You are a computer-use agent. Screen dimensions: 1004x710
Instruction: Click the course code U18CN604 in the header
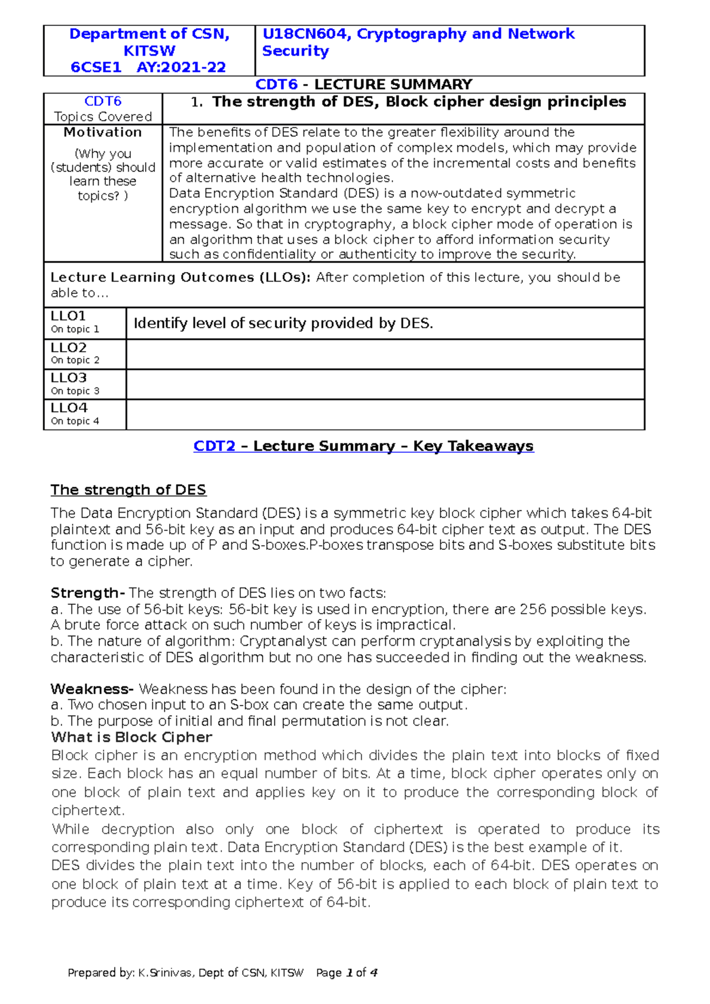[x=305, y=34]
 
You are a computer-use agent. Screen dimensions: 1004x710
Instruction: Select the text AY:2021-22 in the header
[x=181, y=67]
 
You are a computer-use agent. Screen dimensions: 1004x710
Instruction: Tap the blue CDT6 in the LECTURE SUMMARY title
[x=276, y=85]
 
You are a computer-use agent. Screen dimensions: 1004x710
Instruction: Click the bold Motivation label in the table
[x=102, y=132]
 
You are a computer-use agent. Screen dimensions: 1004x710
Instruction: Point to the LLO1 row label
[x=68, y=316]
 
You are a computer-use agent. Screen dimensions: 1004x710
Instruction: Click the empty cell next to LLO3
[x=385, y=384]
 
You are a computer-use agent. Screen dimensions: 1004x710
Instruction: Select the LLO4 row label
[x=69, y=408]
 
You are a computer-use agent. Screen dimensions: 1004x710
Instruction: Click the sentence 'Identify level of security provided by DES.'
[x=283, y=323]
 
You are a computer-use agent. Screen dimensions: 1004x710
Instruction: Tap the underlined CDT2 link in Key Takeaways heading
[x=214, y=446]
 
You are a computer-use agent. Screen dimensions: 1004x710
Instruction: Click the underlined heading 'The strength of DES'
[x=128, y=490]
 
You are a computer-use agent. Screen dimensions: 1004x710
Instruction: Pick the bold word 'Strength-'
[x=87, y=593]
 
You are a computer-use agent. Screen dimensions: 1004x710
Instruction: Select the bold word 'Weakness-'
[x=92, y=689]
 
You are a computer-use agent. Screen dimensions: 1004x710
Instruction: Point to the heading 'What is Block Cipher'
[x=131, y=737]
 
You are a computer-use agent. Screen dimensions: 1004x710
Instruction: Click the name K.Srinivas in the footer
[x=165, y=973]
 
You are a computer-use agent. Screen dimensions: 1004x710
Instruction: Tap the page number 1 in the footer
[x=349, y=973]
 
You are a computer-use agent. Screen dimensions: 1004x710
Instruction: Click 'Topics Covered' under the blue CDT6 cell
[x=102, y=116]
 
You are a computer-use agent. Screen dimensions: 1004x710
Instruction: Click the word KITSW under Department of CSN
[x=149, y=51]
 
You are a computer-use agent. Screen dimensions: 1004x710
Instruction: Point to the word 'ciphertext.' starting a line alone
[x=88, y=811]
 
